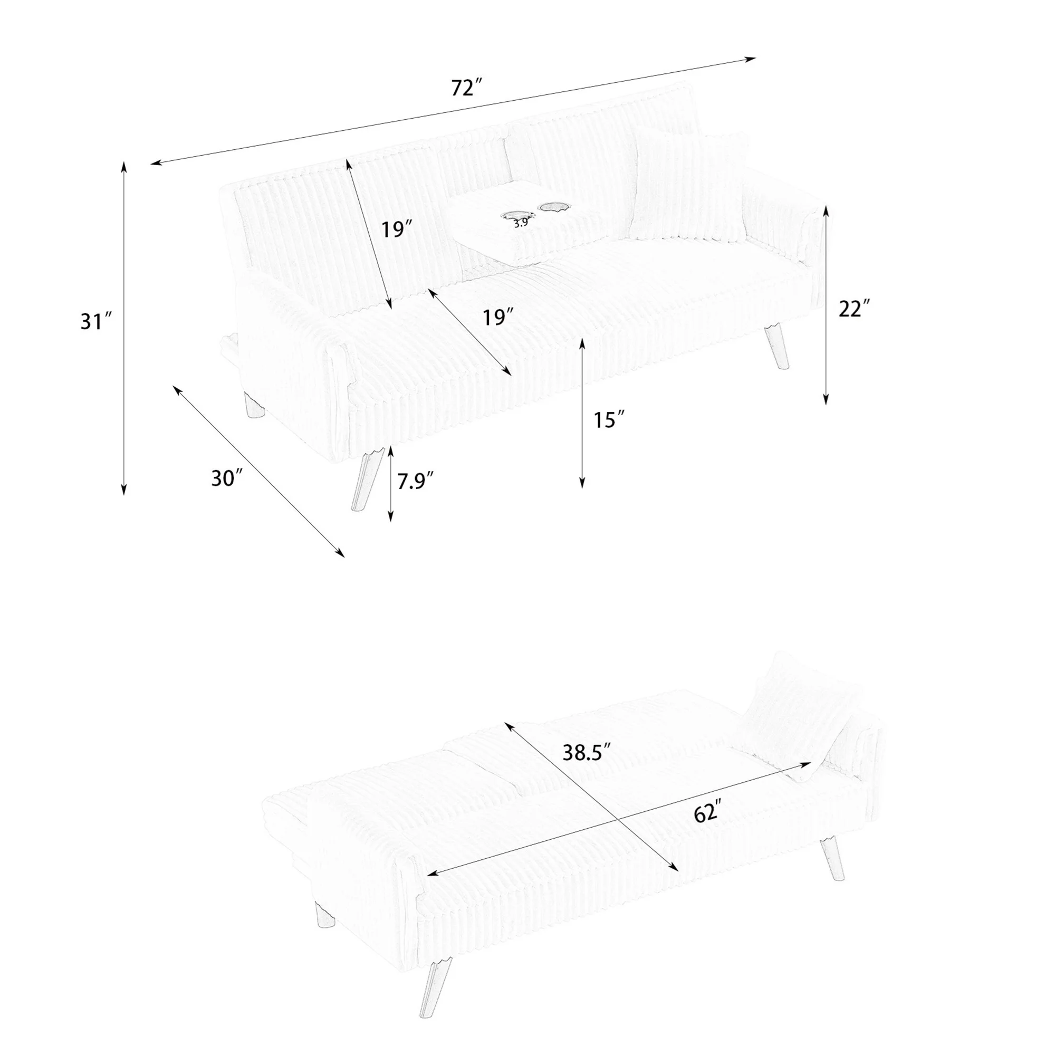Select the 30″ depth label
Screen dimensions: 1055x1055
[x=227, y=478]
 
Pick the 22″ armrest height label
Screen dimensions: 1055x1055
[x=853, y=309]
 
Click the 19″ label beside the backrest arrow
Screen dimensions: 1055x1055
[x=397, y=229]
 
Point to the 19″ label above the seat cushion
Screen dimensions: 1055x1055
[x=498, y=316]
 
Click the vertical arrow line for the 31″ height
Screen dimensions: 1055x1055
[x=124, y=328]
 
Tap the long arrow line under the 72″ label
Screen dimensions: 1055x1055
[x=453, y=110]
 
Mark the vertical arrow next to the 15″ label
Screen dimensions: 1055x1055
[x=582, y=413]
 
